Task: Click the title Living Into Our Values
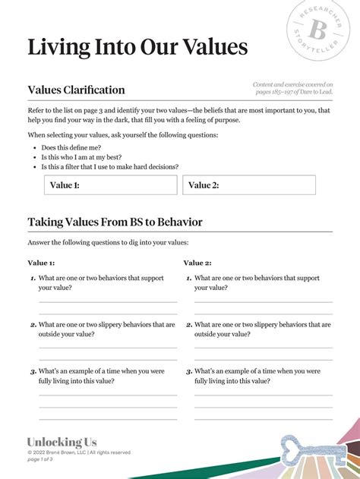coord(137,47)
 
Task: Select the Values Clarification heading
coord(76,90)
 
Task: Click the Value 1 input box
coord(110,185)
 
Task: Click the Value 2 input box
coord(249,185)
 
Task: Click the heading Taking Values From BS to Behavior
coord(115,222)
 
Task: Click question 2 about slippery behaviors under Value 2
coord(262,329)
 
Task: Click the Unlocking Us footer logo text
coord(62,442)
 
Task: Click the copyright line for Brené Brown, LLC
coord(78,452)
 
